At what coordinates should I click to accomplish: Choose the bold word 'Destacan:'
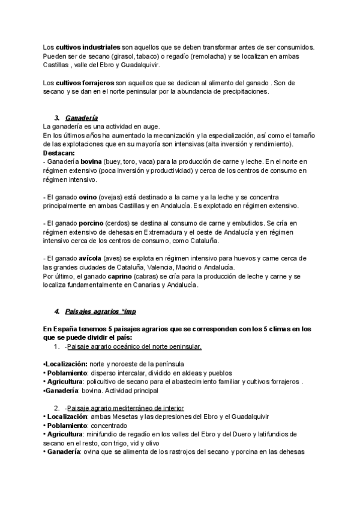[x=60, y=154]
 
